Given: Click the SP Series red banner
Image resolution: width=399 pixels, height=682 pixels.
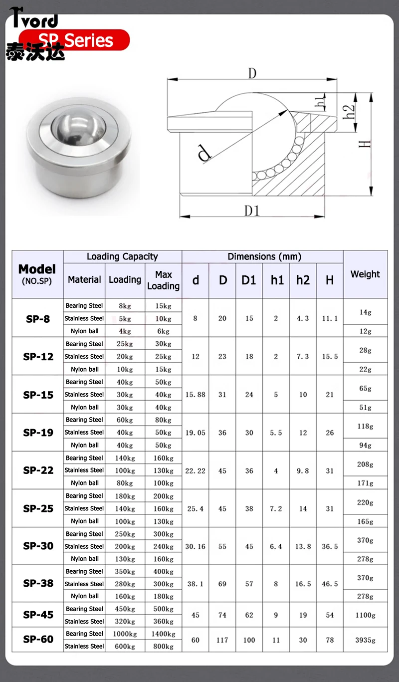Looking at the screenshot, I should [x=75, y=40].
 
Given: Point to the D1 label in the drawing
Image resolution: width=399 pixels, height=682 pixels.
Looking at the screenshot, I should [x=252, y=211].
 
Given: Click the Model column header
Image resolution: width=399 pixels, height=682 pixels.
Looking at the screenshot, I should [x=37, y=274].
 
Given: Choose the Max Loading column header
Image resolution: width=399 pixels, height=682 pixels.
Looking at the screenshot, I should [x=163, y=280].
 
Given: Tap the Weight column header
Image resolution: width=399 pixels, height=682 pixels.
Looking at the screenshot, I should [x=365, y=274].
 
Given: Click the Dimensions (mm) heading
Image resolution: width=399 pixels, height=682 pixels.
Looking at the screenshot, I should [x=264, y=257].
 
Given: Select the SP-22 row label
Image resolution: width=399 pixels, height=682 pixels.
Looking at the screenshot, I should [x=38, y=470].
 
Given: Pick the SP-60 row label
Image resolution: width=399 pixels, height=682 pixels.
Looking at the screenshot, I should [x=38, y=639].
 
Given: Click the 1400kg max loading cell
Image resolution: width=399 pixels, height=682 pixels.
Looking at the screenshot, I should [x=163, y=634].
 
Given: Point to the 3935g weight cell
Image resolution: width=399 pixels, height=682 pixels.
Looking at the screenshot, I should [x=365, y=640].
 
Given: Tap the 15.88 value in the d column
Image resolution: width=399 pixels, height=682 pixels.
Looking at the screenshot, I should [x=195, y=395].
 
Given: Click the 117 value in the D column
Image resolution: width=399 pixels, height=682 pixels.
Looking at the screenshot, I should [x=222, y=640].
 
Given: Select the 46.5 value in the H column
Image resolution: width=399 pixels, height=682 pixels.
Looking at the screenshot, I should [x=330, y=584].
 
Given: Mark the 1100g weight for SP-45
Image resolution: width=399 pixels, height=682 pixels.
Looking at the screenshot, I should [x=365, y=615].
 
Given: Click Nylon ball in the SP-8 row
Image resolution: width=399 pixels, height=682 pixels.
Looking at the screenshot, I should [x=84, y=331].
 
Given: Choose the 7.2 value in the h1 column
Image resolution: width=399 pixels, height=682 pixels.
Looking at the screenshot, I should [x=276, y=509].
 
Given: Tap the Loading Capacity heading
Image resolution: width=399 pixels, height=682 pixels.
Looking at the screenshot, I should [x=122, y=257].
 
